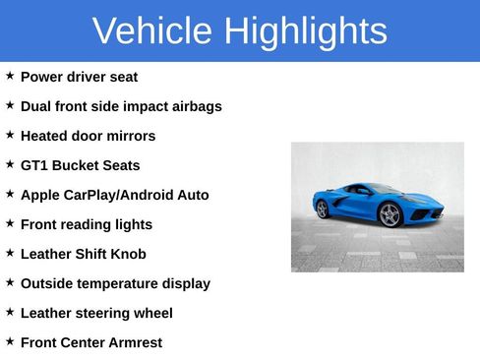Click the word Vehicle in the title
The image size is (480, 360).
(152, 31)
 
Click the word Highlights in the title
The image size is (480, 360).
(304, 31)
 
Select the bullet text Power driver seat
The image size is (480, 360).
(79, 77)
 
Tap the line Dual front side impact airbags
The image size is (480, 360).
(121, 106)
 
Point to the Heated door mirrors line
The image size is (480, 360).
(88, 136)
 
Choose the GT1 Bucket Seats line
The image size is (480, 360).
(80, 165)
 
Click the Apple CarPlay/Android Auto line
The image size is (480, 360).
(114, 195)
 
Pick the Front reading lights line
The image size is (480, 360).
(87, 224)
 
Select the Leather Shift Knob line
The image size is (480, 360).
(83, 254)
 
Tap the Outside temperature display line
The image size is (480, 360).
(115, 283)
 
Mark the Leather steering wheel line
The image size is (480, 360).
(96, 313)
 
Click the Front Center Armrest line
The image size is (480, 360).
(91, 342)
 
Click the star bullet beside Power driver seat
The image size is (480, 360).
(10, 76)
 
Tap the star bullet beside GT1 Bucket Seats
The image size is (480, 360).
(10, 164)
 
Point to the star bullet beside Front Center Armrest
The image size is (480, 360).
(10, 341)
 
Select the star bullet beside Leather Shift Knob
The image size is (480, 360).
(10, 253)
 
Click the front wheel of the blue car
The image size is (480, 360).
(390, 215)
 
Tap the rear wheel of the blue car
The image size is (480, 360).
(322, 209)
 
